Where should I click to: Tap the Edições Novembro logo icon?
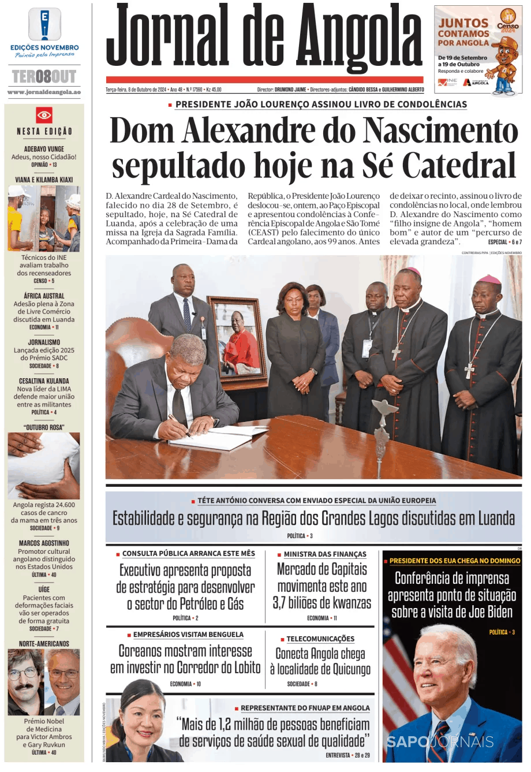pyautogui.click(x=44, y=24)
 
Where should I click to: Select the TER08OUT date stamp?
pyautogui.click(x=44, y=76)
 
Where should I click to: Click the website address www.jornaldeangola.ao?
pyautogui.click(x=44, y=92)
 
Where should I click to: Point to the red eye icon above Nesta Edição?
pyautogui.click(x=44, y=115)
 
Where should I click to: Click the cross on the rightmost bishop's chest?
pyautogui.click(x=470, y=370)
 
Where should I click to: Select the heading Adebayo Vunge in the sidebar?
pyautogui.click(x=44, y=149)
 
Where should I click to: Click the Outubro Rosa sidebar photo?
pyautogui.click(x=44, y=465)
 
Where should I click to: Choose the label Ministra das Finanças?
pyautogui.click(x=325, y=554)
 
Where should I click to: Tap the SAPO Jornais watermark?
pyautogui.click(x=440, y=742)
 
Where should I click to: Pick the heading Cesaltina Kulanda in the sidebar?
pyautogui.click(x=44, y=381)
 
